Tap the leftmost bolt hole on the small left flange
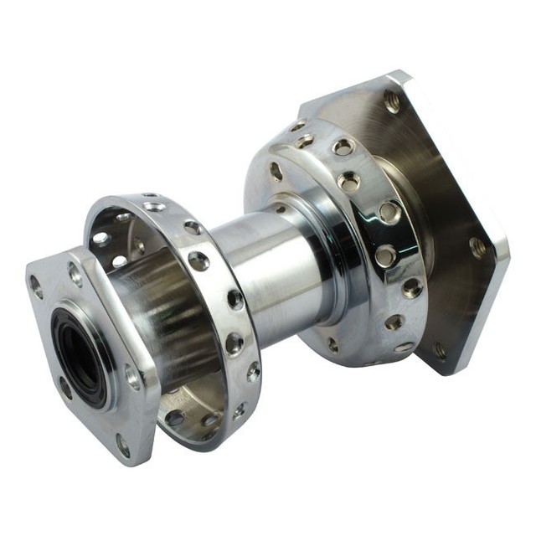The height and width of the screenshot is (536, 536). tap(36, 287)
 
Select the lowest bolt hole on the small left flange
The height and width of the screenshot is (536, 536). tap(123, 446)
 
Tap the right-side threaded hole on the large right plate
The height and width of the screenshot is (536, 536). tap(477, 247)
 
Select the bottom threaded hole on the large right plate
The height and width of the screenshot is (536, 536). tap(439, 350)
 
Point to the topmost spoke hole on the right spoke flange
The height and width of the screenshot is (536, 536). tap(299, 126)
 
